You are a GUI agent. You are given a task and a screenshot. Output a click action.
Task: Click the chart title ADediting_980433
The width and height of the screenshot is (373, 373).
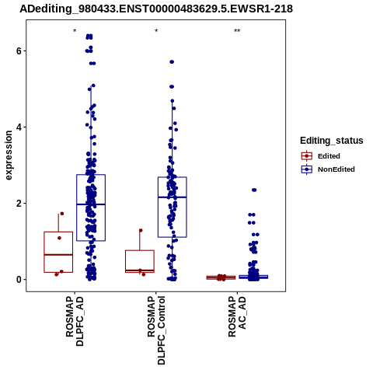(156, 9)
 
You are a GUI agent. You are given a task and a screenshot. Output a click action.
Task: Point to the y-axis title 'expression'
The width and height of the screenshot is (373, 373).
(9, 155)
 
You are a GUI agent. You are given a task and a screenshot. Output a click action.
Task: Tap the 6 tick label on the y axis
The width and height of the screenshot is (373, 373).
(19, 51)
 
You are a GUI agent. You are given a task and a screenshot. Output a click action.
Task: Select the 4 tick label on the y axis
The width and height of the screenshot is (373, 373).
(19, 127)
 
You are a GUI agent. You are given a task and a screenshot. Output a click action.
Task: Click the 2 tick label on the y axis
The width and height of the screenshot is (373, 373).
(19, 204)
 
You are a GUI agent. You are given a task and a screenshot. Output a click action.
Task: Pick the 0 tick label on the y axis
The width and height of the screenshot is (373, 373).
(19, 280)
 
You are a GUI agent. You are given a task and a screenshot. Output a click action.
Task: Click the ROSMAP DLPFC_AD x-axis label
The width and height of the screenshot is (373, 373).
(75, 321)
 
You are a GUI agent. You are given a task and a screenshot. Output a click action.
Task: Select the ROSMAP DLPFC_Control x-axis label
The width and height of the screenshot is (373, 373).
(156, 330)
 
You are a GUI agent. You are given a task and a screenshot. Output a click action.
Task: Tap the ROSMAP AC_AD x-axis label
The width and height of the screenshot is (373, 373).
(237, 316)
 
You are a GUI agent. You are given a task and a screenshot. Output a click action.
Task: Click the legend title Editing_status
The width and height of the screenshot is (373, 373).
(332, 141)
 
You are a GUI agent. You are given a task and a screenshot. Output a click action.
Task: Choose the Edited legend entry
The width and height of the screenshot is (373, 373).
(321, 156)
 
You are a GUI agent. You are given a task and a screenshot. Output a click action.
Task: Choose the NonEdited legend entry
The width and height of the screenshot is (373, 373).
(328, 169)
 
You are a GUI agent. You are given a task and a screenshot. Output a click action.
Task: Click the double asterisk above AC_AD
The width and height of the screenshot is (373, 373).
(237, 31)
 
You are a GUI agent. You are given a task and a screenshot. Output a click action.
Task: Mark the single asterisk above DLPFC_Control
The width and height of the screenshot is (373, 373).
(156, 31)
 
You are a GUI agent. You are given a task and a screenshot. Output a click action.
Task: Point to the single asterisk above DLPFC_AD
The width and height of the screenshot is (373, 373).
(75, 31)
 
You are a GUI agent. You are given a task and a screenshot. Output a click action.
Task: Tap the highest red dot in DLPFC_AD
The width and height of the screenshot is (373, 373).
(62, 214)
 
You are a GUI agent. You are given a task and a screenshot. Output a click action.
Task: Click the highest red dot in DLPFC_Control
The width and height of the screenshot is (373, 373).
(141, 230)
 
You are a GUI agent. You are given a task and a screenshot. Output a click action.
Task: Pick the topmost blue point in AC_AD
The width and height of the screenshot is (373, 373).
(254, 190)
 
